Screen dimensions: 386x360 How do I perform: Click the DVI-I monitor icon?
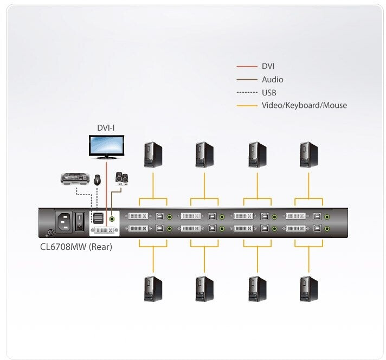coord(106,147)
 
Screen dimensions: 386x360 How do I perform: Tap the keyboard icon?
coord(75,179)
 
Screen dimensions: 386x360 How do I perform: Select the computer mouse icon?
coord(97,180)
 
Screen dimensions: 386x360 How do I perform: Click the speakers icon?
coord(121,179)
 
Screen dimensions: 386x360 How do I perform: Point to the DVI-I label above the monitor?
coord(106,128)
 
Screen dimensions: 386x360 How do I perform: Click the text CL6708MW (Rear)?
coord(76,247)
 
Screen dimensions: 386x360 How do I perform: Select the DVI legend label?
coord(268,66)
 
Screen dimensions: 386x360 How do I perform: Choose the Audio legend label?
coord(273,80)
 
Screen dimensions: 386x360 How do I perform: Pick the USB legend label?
coord(269,93)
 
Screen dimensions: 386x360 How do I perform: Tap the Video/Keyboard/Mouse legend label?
coord(304,105)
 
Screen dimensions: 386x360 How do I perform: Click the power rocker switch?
coord(80,221)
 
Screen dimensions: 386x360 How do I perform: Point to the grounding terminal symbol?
coord(50,233)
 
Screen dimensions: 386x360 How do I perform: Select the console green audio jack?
coord(112,218)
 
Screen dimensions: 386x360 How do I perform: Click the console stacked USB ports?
coord(98,218)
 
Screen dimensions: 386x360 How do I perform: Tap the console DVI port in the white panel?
coord(105,230)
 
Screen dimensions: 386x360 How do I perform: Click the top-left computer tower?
coord(153,155)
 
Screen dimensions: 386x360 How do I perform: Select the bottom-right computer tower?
coord(308,289)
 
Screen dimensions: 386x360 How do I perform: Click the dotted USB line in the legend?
coord(247,93)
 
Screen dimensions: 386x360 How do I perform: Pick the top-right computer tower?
coord(308,155)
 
